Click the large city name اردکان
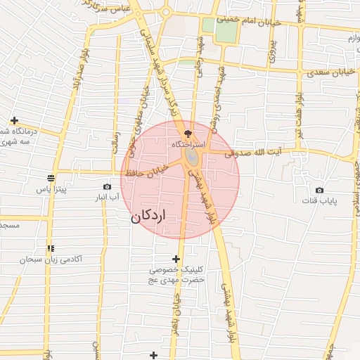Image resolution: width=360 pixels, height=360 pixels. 148,217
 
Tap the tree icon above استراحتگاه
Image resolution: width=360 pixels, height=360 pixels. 188,133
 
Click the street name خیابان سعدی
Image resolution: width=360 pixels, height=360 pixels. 327,72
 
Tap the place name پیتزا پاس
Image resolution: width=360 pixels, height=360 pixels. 51,190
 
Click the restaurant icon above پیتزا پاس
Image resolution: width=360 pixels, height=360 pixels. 51,178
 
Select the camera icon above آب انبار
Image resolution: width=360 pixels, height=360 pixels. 107,186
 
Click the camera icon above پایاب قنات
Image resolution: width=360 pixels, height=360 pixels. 320,190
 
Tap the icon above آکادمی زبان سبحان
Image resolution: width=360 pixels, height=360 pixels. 51,248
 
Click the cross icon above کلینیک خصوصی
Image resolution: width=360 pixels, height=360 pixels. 176,259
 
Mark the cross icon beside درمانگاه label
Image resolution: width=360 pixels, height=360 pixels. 14,120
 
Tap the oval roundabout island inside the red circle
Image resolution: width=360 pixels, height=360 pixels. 191,158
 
